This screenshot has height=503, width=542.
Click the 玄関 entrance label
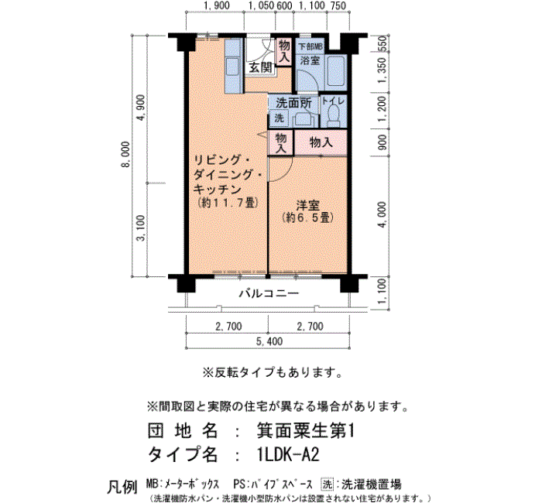261,67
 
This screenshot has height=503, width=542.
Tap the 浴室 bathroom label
310,60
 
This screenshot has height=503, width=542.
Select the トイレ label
333,101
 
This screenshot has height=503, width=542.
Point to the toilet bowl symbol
334,116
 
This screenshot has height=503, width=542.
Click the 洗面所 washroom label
293,103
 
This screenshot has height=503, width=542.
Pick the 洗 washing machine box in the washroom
279,118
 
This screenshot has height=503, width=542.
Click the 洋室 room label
307,205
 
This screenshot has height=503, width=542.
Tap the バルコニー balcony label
269,294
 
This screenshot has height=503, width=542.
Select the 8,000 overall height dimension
125,154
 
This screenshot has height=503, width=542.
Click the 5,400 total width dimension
269,341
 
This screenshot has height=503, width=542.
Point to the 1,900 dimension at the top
216,5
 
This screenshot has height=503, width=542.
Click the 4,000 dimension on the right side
382,215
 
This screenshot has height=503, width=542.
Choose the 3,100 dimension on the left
141,228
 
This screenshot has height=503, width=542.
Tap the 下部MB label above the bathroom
310,46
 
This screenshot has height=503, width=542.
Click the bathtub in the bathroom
336,70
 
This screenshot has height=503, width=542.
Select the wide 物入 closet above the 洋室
321,142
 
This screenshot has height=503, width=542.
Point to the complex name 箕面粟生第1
306,431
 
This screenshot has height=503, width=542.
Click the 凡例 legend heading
122,487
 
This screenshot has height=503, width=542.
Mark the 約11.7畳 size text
228,203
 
